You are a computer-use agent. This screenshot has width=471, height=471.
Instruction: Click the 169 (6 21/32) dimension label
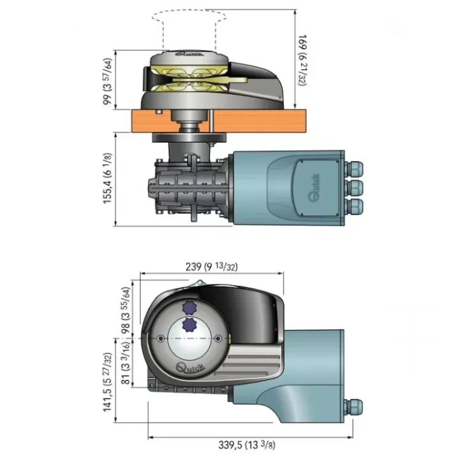(x=302, y=60)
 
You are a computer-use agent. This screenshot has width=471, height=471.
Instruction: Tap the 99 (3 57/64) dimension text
(x=107, y=81)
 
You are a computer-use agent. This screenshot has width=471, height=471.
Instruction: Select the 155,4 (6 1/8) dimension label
(x=107, y=178)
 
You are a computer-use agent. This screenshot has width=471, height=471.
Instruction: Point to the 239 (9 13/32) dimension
(x=211, y=267)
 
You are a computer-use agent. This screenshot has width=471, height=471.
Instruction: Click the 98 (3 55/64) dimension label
(x=125, y=311)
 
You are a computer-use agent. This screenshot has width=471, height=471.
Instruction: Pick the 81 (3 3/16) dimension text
(x=125, y=363)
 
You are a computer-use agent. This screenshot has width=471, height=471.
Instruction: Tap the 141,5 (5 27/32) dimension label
(x=107, y=382)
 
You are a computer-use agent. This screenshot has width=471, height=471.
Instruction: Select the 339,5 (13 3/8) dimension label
(x=246, y=444)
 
